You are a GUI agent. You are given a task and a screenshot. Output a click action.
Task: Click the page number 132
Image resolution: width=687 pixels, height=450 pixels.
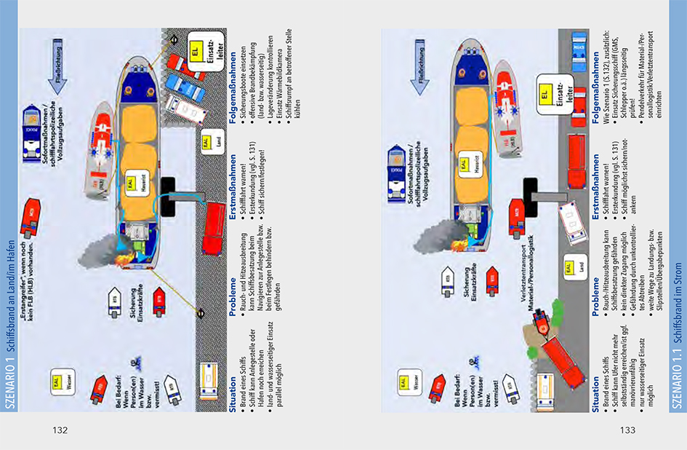pos(60,430)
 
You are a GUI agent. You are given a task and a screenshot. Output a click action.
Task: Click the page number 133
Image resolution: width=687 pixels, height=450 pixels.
pos(627,430)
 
